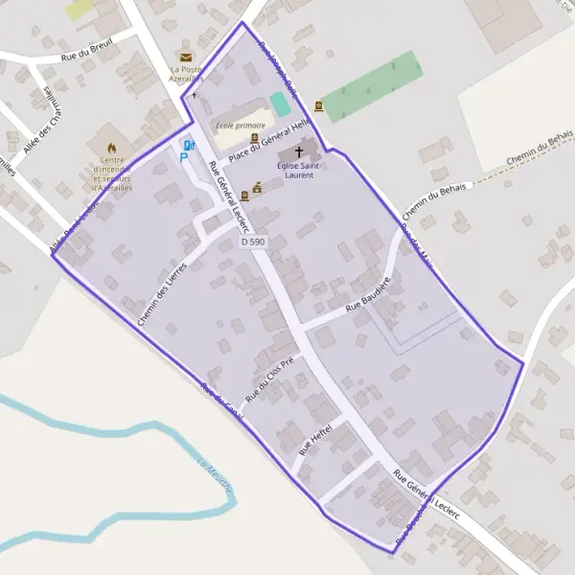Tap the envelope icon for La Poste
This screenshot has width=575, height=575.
tap(185, 57)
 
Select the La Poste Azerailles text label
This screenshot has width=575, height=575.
tap(185, 75)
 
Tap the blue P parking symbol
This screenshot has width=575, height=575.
tap(185, 156)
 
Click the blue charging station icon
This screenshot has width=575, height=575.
tap(189, 145)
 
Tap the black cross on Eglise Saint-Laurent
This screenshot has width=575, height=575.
tap(299, 151)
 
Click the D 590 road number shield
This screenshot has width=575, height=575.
tap(253, 242)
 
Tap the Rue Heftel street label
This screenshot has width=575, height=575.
tap(315, 438)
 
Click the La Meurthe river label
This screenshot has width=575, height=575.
tap(216, 476)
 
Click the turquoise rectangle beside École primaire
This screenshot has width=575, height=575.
tap(279, 103)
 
